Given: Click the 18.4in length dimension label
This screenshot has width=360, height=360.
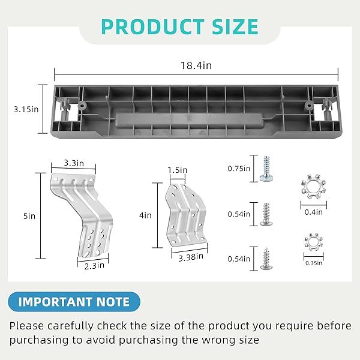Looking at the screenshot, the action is click(196, 65).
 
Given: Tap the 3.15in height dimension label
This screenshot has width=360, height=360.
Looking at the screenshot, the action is click(26, 109).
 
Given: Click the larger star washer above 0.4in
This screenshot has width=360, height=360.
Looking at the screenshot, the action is click(313, 187).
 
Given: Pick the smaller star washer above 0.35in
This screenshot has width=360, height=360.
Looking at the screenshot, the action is click(314, 242).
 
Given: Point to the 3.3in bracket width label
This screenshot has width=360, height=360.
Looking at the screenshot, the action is click(74, 163).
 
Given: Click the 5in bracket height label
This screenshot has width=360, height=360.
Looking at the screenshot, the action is click(29, 216).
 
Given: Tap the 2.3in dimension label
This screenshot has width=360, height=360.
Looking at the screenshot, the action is click(94, 266).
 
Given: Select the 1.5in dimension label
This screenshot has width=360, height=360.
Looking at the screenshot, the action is click(178, 170).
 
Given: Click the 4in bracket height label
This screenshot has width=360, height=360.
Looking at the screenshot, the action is click(145, 215).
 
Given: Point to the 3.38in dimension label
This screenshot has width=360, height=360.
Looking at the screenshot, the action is click(191, 257).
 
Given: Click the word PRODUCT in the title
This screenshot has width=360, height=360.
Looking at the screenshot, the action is click(152, 27).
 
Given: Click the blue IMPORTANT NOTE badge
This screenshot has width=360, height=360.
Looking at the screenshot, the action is click(74, 302).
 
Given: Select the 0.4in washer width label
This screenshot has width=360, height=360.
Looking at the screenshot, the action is click(313, 212).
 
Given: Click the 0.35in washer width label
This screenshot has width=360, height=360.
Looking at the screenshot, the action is click(314, 263).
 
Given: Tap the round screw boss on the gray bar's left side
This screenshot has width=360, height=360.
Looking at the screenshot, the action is click(82, 106).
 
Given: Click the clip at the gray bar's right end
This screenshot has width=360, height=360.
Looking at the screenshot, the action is click(327, 109).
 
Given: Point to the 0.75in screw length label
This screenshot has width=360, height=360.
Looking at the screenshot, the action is click(239, 169).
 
